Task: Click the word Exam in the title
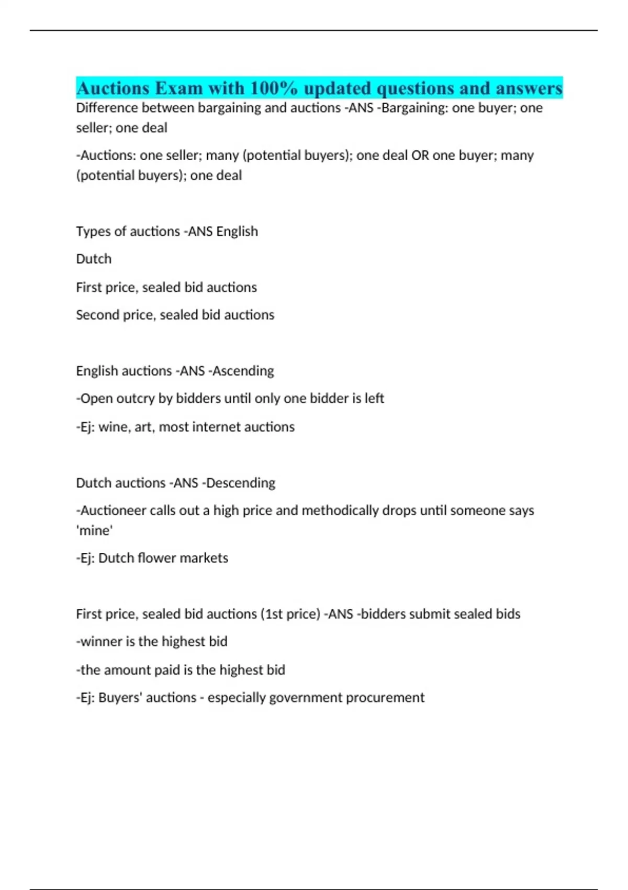(178, 88)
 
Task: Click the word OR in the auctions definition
(420, 155)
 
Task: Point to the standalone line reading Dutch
(94, 259)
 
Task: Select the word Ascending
(243, 371)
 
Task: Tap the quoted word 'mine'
(95, 531)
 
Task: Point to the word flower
(156, 558)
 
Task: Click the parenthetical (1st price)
(290, 614)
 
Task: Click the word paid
(167, 670)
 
